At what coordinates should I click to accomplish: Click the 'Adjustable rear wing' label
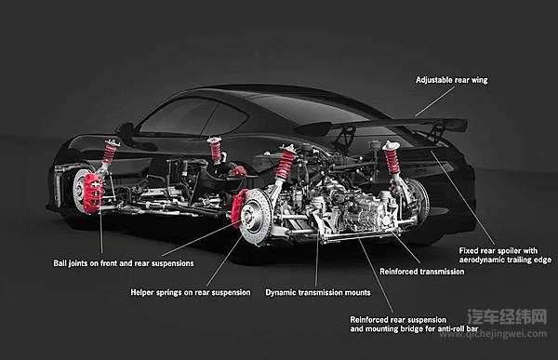tap(452, 80)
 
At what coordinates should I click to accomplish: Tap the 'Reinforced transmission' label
tap(421, 272)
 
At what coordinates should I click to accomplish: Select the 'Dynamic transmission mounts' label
tap(318, 293)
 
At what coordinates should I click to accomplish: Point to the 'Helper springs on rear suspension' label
tap(191, 293)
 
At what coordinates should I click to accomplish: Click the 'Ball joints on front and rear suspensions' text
tap(124, 263)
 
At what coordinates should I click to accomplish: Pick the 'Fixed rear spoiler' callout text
tap(505, 255)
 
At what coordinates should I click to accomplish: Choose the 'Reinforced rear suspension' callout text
tap(414, 325)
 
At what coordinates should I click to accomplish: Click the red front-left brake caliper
tap(93, 193)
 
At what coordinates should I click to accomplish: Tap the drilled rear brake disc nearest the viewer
tap(256, 217)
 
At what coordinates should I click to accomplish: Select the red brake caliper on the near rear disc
tap(237, 208)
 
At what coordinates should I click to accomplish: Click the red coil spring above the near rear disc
tap(286, 164)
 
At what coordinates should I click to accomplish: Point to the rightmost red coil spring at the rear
tap(392, 159)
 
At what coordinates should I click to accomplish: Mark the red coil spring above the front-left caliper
tap(109, 153)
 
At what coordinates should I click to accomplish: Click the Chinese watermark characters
tap(507, 316)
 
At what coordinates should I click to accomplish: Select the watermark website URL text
tap(493, 334)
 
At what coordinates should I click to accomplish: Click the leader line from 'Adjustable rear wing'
tap(435, 101)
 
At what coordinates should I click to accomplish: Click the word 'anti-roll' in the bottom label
tap(450, 329)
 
